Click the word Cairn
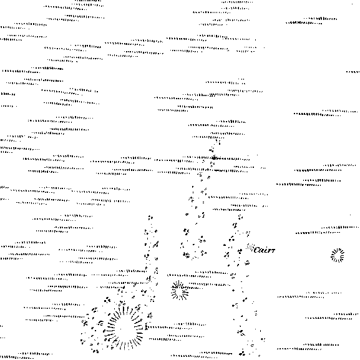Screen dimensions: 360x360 pos(265,250)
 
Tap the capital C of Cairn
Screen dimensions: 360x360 pos(257,250)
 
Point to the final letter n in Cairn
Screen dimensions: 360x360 pos(273,250)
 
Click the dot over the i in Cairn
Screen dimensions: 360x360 pos(266,247)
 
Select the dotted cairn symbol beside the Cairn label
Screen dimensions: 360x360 pos(250,247)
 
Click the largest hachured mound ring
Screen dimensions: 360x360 pos(124,327)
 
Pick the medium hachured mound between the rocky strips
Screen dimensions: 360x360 pos(180,291)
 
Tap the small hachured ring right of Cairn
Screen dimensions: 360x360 pos(338,255)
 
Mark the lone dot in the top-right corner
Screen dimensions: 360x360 pos(353,4)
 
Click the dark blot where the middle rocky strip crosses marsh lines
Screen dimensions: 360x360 pos(214,158)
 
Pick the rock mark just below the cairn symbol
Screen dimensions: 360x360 pos(240,251)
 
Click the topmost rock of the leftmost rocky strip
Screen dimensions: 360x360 pos(150,217)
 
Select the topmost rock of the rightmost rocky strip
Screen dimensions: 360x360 pos(240,216)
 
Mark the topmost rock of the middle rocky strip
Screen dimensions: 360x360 pos(218,142)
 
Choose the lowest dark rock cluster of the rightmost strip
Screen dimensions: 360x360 pos(242,354)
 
